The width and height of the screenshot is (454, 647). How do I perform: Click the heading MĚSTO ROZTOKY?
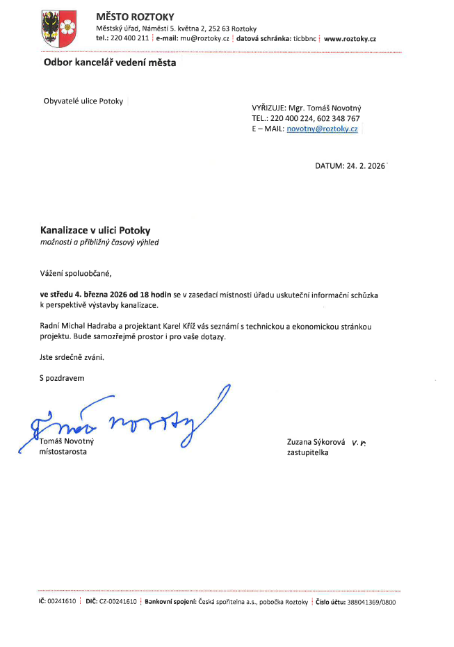click(x=135, y=17)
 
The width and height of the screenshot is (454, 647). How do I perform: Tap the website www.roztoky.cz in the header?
click(x=350, y=39)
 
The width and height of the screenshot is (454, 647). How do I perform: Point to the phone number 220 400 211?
click(x=129, y=39)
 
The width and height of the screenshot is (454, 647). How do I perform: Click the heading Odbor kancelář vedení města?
click(x=110, y=63)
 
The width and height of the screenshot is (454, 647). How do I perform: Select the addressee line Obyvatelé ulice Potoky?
click(x=83, y=101)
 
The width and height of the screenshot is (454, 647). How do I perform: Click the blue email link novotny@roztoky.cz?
click(x=322, y=129)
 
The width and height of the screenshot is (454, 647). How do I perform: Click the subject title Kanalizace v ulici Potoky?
click(x=95, y=230)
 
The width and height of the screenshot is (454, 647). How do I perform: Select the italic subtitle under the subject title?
click(x=103, y=242)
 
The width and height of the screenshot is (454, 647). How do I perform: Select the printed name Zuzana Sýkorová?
click(x=316, y=442)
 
